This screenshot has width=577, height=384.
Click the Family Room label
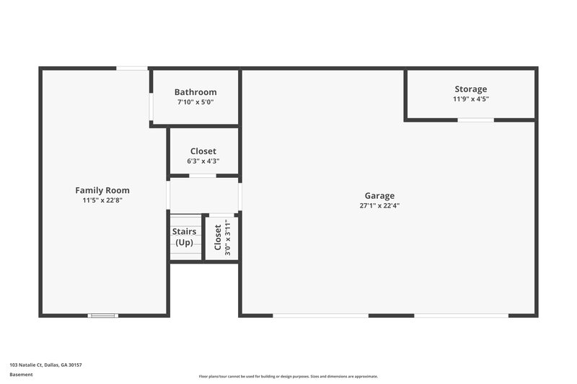point(102,190)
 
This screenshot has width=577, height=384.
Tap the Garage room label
point(379,195)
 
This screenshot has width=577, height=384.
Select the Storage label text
point(470,89)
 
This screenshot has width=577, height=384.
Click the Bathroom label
point(195,92)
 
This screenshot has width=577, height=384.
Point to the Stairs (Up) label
point(185,236)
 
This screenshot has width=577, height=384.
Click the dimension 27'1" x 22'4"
point(379,205)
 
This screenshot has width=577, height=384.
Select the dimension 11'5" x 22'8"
point(102,200)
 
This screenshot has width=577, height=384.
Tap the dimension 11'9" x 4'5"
point(470,99)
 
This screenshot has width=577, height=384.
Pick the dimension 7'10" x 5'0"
point(195,102)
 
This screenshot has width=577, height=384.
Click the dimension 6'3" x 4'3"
point(203,161)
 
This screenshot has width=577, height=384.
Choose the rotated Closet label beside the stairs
point(218,237)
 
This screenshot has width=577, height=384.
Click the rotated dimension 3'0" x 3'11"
point(228,237)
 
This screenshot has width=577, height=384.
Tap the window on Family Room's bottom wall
point(102,315)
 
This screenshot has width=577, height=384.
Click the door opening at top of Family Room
point(132,68)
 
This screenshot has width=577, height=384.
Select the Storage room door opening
point(476,120)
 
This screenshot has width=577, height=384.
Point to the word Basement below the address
point(21,375)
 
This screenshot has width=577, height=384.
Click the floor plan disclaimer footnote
point(288,376)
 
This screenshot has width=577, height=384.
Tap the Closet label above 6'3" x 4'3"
point(203,151)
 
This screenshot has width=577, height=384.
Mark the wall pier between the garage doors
point(391,315)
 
